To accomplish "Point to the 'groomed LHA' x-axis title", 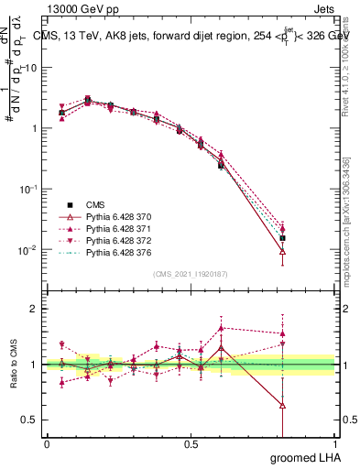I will [x=305, y=456].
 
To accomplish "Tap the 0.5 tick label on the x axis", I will [x=191, y=444].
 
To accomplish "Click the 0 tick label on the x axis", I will [x=47, y=444].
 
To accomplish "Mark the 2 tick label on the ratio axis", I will [x=33, y=309].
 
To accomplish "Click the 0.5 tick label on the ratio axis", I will [x=29, y=420].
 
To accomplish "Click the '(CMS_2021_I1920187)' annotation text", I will [x=191, y=274].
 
